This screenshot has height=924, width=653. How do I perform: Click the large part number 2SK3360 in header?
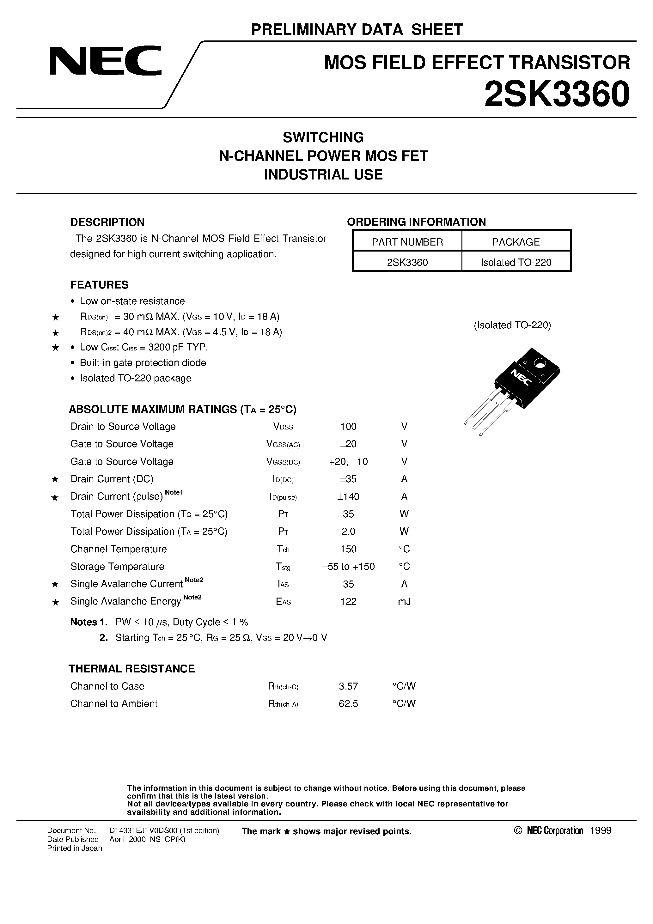557,94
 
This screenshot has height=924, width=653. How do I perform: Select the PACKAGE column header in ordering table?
516,242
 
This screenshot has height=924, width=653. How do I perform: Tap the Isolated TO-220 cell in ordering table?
516,262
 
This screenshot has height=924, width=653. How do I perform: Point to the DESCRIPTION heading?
107,222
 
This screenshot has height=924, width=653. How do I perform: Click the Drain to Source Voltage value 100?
348,426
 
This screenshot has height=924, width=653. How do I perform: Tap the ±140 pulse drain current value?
348,497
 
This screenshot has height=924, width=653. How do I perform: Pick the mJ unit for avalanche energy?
404,601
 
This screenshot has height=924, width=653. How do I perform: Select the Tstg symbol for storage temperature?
283,567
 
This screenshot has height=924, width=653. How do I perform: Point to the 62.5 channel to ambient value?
348,703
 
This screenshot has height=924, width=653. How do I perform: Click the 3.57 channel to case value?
348,686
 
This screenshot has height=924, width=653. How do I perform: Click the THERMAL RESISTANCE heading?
132,668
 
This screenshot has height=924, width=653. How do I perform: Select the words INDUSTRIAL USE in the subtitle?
323,174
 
